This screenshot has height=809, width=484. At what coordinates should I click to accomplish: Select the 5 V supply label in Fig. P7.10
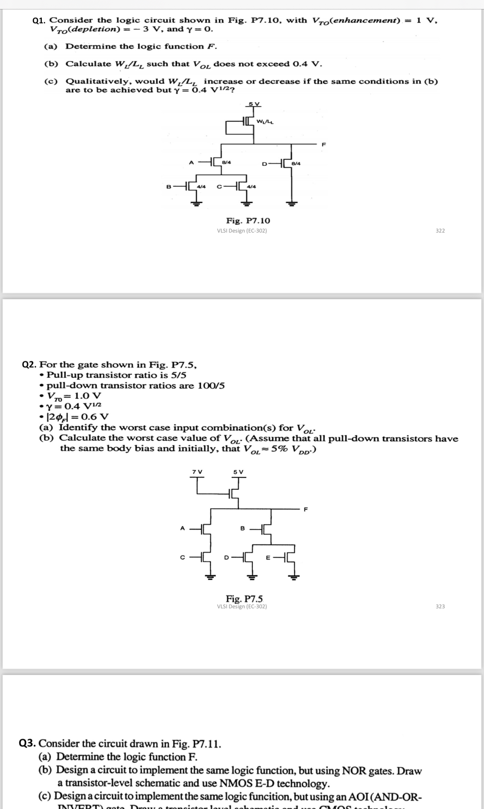point(254,103)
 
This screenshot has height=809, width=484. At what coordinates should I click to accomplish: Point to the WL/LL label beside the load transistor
point(265,121)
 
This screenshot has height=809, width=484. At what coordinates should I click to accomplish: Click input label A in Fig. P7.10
point(191,162)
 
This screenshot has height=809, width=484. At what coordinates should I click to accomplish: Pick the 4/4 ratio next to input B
point(201,187)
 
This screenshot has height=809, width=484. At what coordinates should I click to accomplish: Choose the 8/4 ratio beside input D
point(296,164)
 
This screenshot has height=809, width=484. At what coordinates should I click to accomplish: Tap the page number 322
point(440,231)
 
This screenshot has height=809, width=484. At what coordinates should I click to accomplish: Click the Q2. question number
point(29,365)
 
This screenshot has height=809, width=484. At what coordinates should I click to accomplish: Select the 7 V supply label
point(197,472)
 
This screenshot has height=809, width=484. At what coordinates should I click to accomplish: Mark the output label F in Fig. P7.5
point(305,510)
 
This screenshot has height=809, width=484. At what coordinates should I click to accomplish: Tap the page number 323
point(440,606)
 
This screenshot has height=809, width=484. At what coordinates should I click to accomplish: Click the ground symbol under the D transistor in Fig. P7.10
point(291,203)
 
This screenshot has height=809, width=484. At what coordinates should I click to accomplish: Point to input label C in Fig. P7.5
point(182,557)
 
